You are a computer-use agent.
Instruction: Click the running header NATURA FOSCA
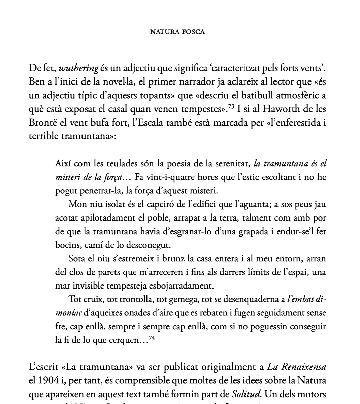[177, 32]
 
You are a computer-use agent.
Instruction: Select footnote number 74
[152, 338]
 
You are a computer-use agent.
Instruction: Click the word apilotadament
[108, 218]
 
